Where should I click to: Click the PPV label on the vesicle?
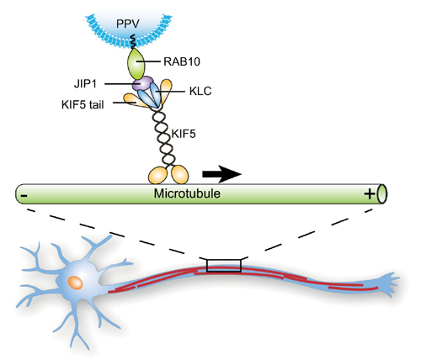pyautogui.click(x=128, y=24)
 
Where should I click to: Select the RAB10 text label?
pyautogui.click(x=182, y=61)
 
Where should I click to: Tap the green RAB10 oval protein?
pyautogui.click(x=136, y=64)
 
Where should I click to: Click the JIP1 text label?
pyautogui.click(x=85, y=84)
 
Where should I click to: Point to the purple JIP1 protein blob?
pyautogui.click(x=143, y=83)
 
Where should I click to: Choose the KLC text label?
pyautogui.click(x=200, y=91)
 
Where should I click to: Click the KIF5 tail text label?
pyautogui.click(x=83, y=104)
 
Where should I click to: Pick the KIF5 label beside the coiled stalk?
pyautogui.click(x=184, y=134)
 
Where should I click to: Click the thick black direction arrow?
pyautogui.click(x=221, y=174)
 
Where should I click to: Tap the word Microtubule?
pyautogui.click(x=187, y=193)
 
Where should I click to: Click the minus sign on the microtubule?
pyautogui.click(x=24, y=195)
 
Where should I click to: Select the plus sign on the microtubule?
pyautogui.click(x=370, y=193)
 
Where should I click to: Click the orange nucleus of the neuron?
pyautogui.click(x=76, y=283)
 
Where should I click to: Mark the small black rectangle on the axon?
pyautogui.click(x=224, y=266)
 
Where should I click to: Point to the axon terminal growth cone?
pyautogui.click(x=389, y=283)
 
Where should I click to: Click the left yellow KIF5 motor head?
pyautogui.click(x=158, y=176)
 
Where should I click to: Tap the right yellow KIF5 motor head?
pyautogui.click(x=180, y=174)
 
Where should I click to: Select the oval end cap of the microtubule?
pyautogui.click(x=382, y=193)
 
